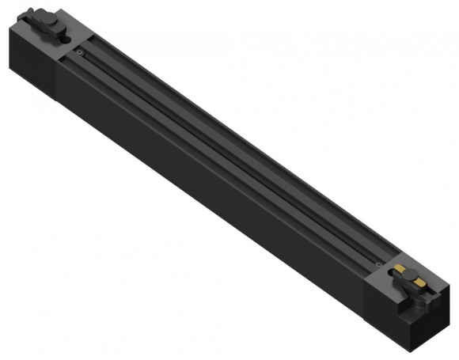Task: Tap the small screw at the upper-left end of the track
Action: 80,53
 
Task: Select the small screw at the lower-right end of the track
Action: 379,264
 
